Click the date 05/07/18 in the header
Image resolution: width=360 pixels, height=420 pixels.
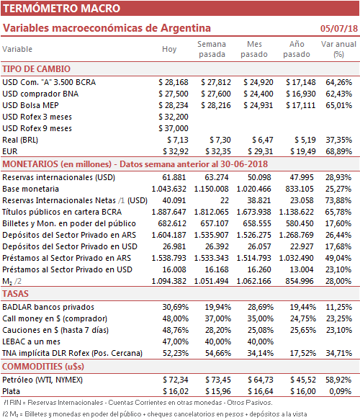point(339,28)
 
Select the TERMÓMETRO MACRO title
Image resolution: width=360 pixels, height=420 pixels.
point(62,9)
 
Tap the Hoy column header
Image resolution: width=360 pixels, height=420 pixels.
point(169,49)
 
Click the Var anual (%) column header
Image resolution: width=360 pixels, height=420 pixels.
point(338,49)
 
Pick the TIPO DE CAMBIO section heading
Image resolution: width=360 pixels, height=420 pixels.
point(36,69)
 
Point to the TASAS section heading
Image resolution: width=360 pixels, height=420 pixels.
point(15,294)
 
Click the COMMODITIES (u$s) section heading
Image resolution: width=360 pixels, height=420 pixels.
point(43,366)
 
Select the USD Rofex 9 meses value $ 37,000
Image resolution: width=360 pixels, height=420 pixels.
point(174,128)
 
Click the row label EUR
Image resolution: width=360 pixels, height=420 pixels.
point(10,151)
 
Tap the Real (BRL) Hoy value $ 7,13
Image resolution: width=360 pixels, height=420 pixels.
point(178,140)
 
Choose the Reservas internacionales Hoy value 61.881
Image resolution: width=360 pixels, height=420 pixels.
point(174,177)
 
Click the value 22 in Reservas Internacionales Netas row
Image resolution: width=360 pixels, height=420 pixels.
point(225,200)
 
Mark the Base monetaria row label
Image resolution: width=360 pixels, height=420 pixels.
point(30,189)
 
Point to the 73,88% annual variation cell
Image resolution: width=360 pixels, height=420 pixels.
point(338,200)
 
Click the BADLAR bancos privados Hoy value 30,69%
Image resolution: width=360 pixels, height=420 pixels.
point(175,307)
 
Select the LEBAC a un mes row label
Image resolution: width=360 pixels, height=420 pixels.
point(31,341)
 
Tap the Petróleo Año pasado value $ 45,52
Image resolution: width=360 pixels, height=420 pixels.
point(303,380)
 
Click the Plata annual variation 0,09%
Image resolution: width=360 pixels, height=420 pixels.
point(340,391)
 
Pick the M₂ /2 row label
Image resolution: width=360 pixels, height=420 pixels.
point(12,281)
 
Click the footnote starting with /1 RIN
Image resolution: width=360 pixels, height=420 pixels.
point(138,403)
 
